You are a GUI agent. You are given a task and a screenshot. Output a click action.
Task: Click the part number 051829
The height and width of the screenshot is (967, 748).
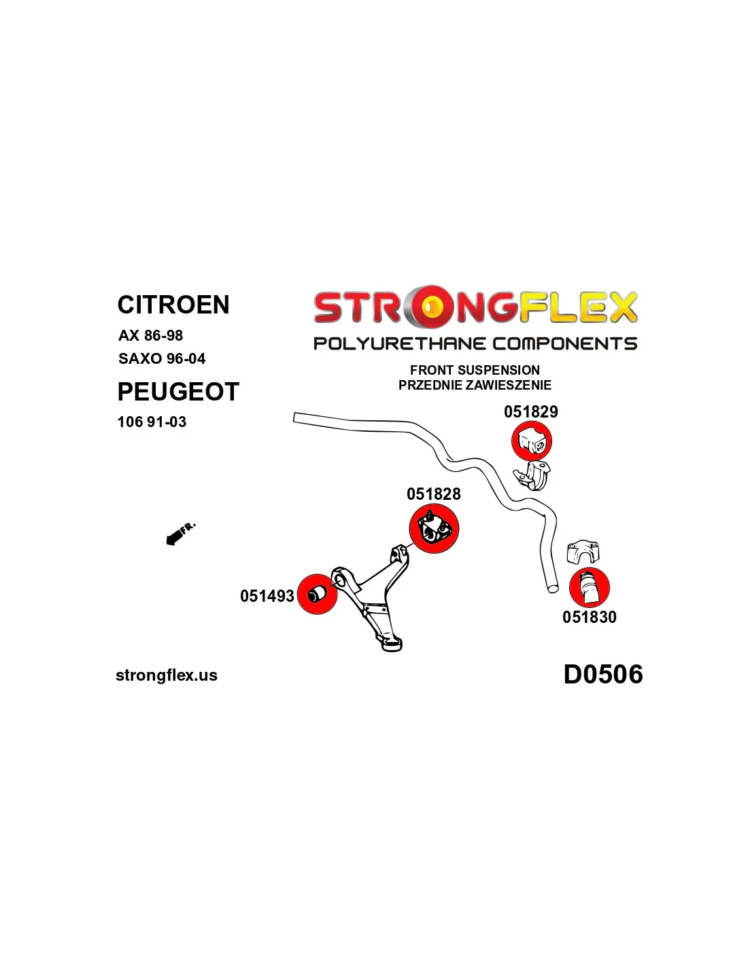coord(530,411)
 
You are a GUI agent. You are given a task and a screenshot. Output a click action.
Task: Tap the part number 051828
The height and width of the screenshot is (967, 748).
coord(433,494)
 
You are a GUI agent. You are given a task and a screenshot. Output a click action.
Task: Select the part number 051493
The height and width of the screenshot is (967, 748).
coord(267,596)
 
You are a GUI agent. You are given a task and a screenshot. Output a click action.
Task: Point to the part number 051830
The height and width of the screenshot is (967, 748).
coord(589,617)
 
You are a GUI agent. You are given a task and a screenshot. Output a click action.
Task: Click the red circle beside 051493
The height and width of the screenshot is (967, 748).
coord(318,594)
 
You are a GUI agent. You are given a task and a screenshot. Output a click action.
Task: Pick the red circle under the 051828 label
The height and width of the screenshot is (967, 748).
coord(433,528)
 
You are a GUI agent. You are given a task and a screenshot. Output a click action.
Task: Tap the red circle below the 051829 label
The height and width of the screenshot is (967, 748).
coord(531,442)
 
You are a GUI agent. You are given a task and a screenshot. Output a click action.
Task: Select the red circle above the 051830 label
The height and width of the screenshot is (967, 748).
coord(589,588)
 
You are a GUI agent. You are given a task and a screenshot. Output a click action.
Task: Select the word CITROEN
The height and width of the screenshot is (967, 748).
coord(173,305)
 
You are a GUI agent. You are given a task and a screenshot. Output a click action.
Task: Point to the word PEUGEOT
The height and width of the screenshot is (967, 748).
coord(178,392)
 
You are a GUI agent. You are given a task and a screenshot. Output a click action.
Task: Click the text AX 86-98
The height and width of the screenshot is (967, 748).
coord(150,335)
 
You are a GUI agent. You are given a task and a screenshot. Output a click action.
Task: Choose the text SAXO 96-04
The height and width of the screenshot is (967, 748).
coord(162,358)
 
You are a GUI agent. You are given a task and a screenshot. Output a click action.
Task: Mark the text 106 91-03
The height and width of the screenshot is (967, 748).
coord(152,422)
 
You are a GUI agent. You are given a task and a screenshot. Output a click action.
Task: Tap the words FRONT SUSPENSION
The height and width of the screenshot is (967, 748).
coord(475,370)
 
